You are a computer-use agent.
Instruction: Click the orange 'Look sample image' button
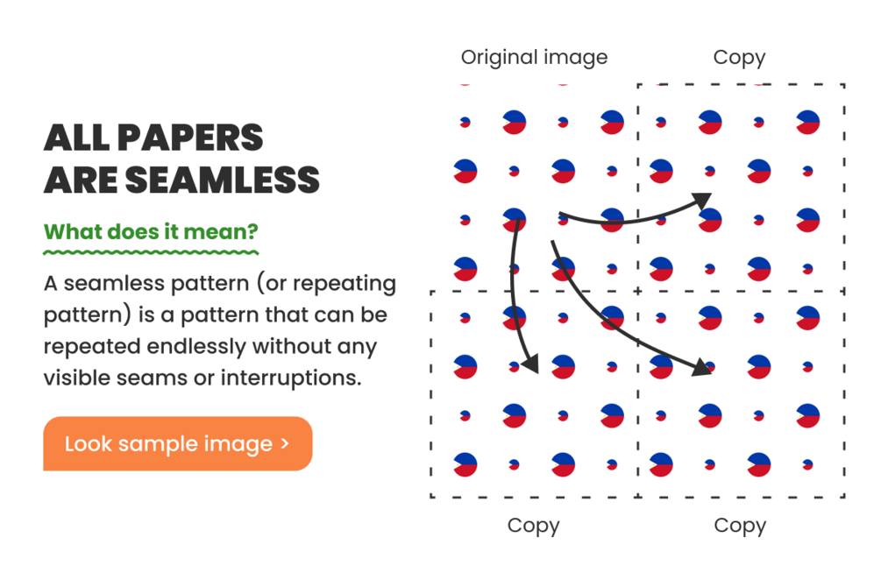(x=178, y=443)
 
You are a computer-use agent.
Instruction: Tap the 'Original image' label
(x=535, y=58)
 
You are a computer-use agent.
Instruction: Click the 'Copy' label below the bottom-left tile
(x=533, y=527)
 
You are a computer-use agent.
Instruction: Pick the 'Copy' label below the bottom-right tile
(x=740, y=527)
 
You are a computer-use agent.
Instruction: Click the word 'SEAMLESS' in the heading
(x=223, y=180)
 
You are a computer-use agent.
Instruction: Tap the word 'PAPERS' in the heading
(x=190, y=138)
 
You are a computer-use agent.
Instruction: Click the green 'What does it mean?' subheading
(x=151, y=231)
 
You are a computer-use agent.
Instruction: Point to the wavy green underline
(x=151, y=252)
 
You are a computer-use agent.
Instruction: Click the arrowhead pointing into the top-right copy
(x=703, y=201)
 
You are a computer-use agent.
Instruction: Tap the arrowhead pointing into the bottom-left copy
(x=530, y=364)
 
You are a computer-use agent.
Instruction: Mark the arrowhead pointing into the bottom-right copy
(x=701, y=367)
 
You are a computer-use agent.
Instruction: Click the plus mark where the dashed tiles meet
(x=637, y=291)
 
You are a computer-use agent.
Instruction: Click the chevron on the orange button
(x=285, y=444)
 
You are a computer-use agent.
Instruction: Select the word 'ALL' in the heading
(x=76, y=138)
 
